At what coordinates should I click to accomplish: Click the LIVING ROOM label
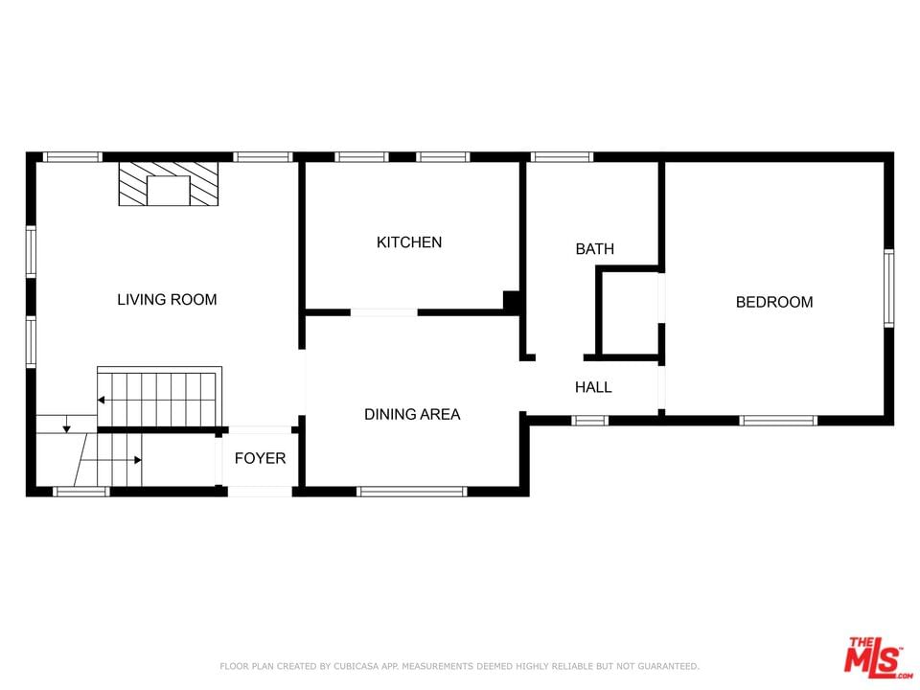[167, 300]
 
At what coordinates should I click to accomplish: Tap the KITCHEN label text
[409, 242]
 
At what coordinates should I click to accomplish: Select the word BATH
[595, 249]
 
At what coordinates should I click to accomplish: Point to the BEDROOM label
[774, 302]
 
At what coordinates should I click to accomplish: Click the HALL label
[593, 387]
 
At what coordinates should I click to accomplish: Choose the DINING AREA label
[412, 414]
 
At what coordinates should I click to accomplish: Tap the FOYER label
[260, 458]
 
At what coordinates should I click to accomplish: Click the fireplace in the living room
[169, 184]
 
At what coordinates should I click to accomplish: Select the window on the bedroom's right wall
[889, 288]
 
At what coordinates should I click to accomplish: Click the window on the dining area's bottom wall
[412, 492]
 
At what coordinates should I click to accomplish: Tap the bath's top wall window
[562, 156]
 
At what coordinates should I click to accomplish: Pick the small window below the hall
[589, 420]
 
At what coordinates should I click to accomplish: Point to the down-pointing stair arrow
[67, 425]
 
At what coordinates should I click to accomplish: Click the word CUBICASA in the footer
[357, 666]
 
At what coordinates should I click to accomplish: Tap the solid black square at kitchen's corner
[512, 301]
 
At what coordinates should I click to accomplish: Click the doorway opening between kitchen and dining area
[384, 312]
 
